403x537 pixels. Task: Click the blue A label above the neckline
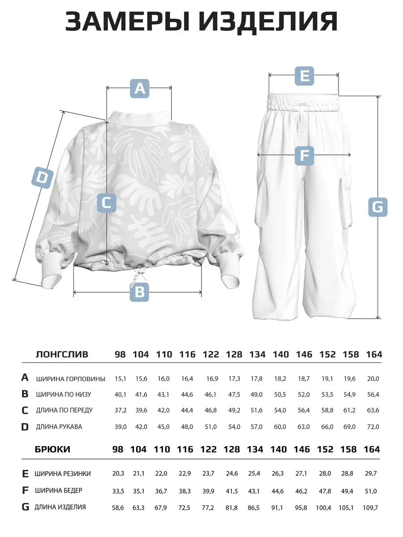point(139,88)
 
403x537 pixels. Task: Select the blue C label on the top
point(107,203)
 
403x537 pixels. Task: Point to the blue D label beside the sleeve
point(42,177)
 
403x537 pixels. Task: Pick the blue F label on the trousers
point(304,156)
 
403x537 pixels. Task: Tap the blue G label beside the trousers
point(377,207)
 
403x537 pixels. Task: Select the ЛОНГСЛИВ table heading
point(62,354)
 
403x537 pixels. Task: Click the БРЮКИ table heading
point(52,449)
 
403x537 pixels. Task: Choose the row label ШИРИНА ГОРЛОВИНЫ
point(71,379)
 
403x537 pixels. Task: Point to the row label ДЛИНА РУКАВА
point(59,426)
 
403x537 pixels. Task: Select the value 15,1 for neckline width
point(120,379)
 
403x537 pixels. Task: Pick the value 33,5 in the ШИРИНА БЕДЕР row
point(119,491)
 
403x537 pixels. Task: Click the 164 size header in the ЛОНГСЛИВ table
point(373,354)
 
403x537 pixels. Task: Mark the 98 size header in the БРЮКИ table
point(118,449)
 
